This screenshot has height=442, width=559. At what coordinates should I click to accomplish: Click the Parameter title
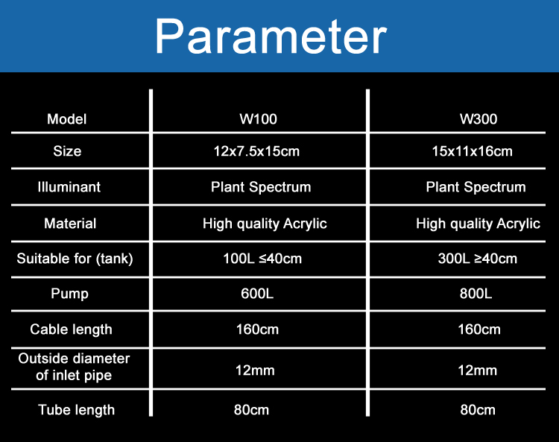point(271,37)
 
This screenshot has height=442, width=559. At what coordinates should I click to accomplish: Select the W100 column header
point(258,119)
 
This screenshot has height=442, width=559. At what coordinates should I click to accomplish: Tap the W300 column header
point(479,119)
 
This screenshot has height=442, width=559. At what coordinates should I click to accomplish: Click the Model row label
point(67,119)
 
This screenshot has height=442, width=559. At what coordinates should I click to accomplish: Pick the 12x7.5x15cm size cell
point(256,151)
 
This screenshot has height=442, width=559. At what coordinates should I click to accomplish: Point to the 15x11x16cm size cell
point(473,151)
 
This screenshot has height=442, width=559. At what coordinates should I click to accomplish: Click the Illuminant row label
point(69,187)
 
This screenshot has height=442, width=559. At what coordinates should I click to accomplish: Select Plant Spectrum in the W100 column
point(261,188)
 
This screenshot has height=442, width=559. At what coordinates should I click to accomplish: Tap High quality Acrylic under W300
point(478,224)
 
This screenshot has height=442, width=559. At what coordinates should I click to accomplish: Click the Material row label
point(70,224)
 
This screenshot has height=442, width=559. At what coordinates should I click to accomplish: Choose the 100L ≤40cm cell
point(262,259)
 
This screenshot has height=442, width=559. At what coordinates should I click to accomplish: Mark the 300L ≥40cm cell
point(477,259)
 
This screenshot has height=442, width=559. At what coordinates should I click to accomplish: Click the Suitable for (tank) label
point(75,259)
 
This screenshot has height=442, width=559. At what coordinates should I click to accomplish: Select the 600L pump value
point(257,294)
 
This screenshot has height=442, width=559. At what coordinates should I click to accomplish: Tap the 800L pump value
point(476,294)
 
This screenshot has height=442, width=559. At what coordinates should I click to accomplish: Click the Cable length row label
point(72,329)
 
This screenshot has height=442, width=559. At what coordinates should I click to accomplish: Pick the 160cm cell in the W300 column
point(479,329)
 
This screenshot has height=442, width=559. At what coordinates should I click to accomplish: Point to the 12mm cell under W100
point(255,370)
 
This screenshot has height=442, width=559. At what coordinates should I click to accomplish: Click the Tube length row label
point(77,410)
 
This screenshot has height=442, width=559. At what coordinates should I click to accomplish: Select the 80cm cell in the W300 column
point(478,410)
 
